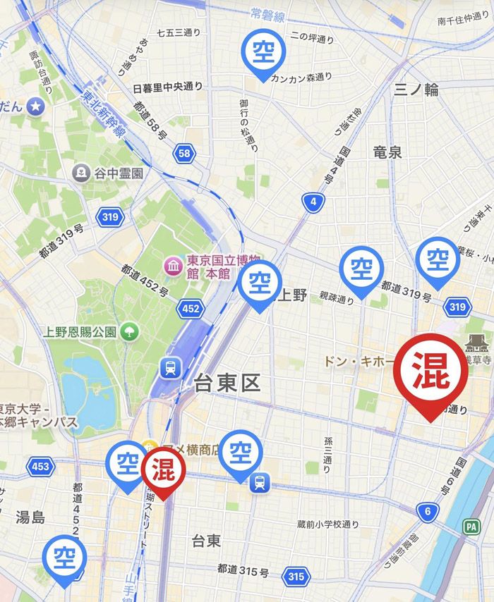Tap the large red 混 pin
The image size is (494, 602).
click(x=430, y=376)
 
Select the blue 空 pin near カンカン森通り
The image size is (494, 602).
click(x=263, y=51)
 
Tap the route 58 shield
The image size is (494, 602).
click(x=184, y=153)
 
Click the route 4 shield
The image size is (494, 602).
click(x=313, y=203)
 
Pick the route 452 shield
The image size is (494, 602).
click(x=190, y=308)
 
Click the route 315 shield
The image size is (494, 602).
click(x=296, y=577)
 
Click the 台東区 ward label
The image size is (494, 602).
click(x=227, y=383)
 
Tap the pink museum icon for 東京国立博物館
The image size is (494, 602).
click(x=172, y=266)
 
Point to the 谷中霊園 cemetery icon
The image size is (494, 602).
click(x=82, y=172)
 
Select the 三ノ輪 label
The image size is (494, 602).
click(x=416, y=89)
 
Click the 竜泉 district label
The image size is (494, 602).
click(x=387, y=152)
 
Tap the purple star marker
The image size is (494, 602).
click(x=36, y=106)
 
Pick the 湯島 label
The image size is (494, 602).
click(x=30, y=517)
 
